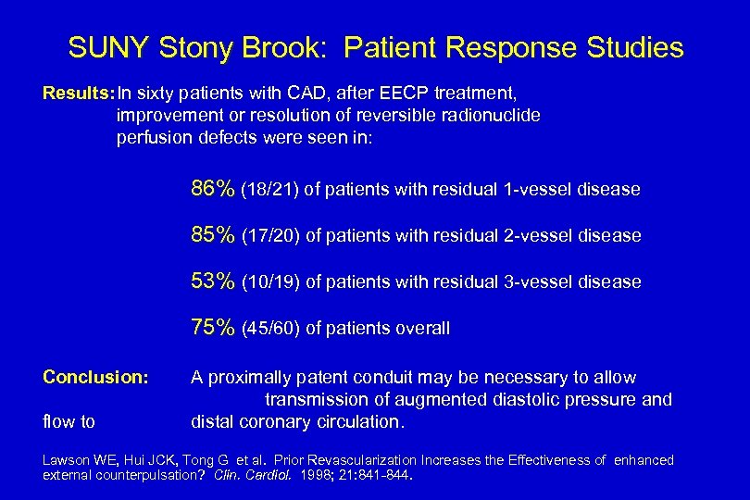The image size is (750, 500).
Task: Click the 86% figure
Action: coord(213,189)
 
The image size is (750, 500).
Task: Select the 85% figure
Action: coord(213,235)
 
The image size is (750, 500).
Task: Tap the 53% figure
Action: coord(213,281)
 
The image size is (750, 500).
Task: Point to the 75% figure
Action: coord(213,327)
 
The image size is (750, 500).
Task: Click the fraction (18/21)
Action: coord(269,190)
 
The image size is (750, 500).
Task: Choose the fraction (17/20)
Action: coord(270,236)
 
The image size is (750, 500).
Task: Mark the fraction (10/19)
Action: coord(270,281)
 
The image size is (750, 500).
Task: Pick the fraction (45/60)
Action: coord(270,328)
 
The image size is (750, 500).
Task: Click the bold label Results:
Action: coord(79,94)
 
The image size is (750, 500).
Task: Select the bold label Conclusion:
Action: coord(95,377)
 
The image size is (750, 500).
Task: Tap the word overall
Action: coord(420,328)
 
